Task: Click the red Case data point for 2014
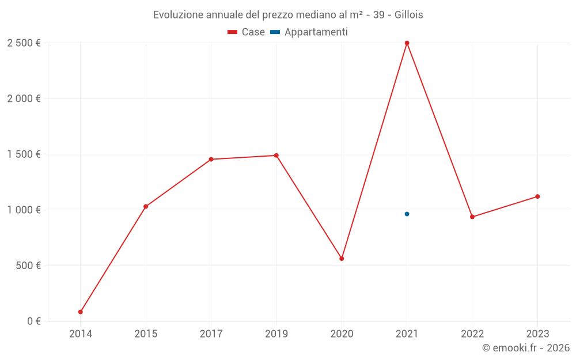(81, 312)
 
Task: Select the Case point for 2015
(146, 206)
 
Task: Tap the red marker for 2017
(211, 159)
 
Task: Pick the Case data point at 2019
(276, 156)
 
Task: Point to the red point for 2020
(342, 259)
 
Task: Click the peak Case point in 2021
(407, 43)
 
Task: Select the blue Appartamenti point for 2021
(407, 214)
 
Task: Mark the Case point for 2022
(472, 217)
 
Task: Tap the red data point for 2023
(537, 196)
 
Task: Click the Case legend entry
(247, 32)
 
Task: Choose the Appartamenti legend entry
(309, 32)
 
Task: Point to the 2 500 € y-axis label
(24, 43)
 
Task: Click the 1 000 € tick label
(24, 210)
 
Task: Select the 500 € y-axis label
(28, 266)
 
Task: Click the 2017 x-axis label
(211, 334)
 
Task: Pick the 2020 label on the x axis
(342, 334)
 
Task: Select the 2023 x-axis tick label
(537, 334)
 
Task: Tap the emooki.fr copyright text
(526, 348)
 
